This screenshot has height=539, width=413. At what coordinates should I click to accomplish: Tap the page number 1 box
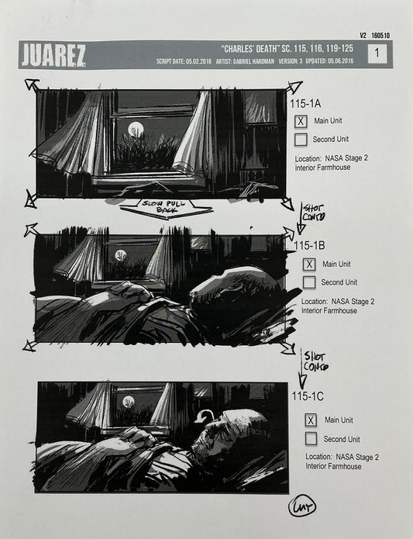[x=377, y=54]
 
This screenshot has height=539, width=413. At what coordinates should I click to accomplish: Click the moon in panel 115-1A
[x=136, y=128]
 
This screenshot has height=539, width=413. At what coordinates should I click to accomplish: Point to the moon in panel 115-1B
[x=121, y=255]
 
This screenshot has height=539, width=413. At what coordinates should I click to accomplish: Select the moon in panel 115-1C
[x=129, y=402]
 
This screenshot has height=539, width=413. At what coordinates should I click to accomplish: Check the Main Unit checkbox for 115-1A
[x=301, y=121]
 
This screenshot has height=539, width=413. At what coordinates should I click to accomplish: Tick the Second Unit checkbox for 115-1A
[x=301, y=140]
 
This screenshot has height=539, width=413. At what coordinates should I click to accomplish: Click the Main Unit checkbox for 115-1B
[x=309, y=264]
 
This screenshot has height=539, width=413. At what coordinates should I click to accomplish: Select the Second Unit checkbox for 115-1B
[x=309, y=282]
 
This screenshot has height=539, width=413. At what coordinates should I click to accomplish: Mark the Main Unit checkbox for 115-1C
[x=311, y=420]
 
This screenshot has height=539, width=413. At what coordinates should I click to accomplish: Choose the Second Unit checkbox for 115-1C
[x=311, y=439]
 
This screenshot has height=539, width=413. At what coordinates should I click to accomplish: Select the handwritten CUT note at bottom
[x=303, y=508]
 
